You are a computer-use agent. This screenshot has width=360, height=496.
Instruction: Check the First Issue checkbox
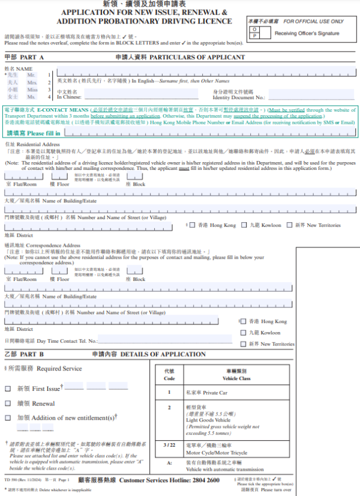point(8,389)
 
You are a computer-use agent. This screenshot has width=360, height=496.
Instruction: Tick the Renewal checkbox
point(8,404)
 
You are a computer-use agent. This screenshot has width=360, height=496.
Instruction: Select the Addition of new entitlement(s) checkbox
point(8,417)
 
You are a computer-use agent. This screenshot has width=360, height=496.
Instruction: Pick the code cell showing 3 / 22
point(169,444)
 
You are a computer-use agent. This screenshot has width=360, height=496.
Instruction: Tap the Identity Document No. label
point(238,97)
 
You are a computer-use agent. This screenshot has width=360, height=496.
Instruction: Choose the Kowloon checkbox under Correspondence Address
point(244,332)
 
